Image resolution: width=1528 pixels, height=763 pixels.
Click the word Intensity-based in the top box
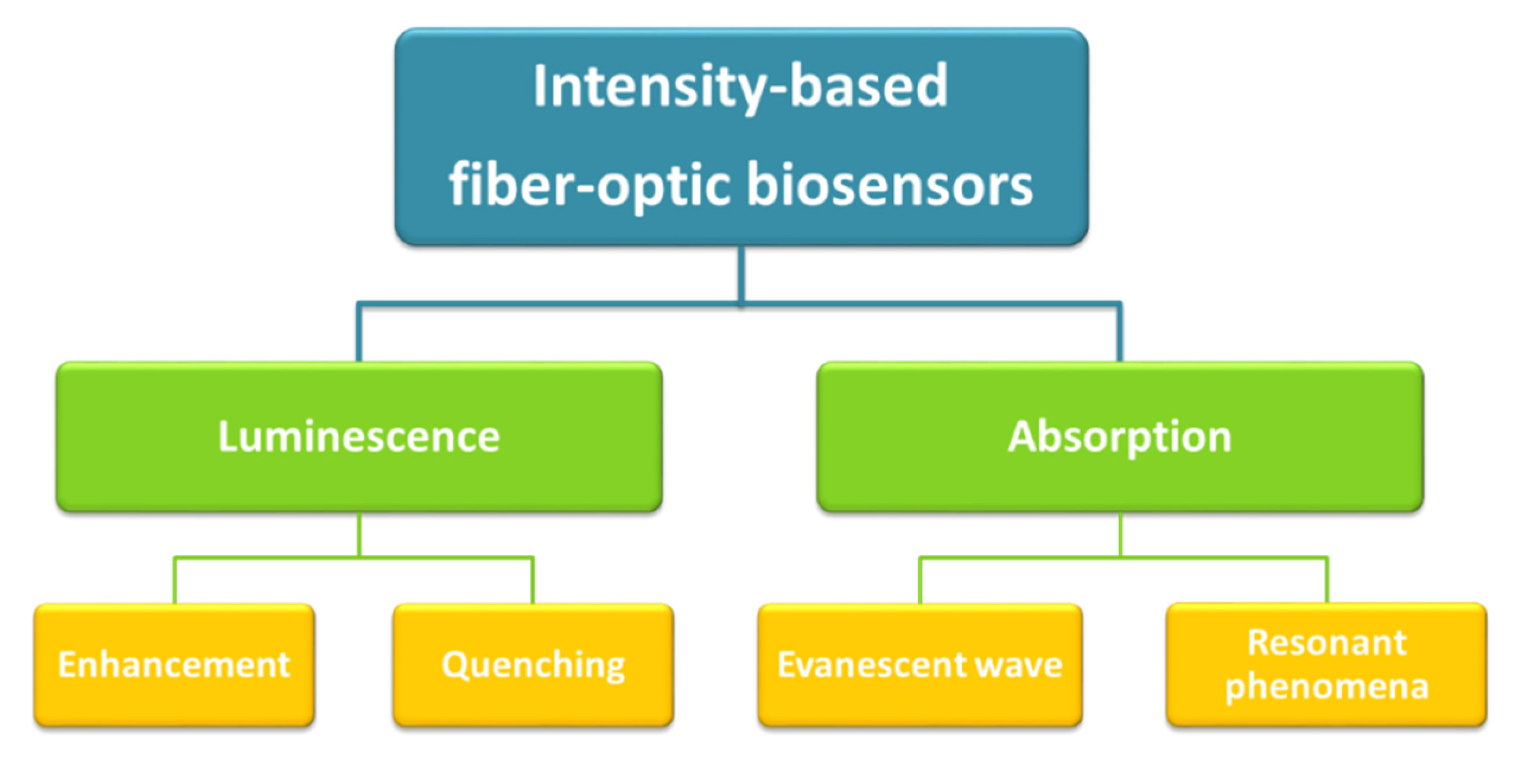click(x=740, y=88)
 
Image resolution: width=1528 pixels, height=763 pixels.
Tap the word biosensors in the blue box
click(x=890, y=185)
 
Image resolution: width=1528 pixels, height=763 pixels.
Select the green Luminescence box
click(x=359, y=436)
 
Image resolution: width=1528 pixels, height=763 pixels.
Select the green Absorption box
click(x=1120, y=436)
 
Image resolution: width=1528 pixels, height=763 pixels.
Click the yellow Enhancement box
click(x=174, y=665)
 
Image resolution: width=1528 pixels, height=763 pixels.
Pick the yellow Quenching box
click(x=533, y=665)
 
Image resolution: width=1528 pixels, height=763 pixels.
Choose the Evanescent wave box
click(x=920, y=665)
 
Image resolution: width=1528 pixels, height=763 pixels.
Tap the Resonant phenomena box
click(x=1326, y=665)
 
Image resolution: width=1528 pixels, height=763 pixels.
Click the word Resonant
click(x=1326, y=643)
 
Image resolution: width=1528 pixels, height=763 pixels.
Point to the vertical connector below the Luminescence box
click(x=359, y=534)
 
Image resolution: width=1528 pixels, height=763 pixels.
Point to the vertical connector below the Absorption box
click(x=1120, y=534)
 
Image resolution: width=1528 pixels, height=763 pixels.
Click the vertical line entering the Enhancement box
click(x=174, y=581)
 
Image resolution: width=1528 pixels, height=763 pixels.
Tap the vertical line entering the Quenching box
click(x=533, y=581)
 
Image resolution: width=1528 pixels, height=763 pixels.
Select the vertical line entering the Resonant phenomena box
click(x=1327, y=581)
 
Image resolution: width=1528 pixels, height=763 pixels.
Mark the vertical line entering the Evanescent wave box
click(x=920, y=581)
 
